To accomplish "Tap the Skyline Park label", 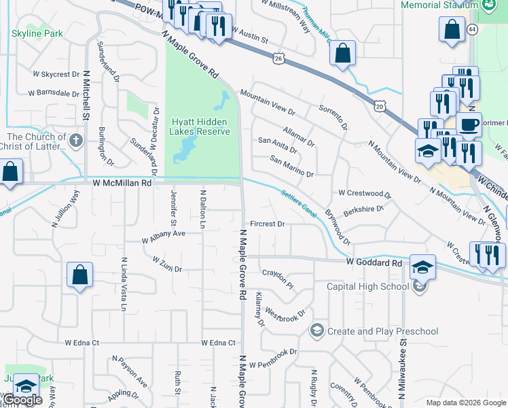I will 37,33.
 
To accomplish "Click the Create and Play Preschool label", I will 382,331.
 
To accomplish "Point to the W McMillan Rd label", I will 121,182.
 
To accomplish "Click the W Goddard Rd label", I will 374,262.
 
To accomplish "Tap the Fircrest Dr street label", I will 267,223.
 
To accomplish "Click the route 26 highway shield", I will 278,58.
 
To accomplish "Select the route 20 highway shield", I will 379,105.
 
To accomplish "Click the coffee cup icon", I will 468,124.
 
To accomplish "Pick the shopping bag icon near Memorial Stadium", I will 452,30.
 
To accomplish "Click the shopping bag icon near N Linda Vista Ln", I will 79,275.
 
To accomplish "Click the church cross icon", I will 75,141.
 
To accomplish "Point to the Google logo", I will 23,400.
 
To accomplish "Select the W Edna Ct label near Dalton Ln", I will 218,343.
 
